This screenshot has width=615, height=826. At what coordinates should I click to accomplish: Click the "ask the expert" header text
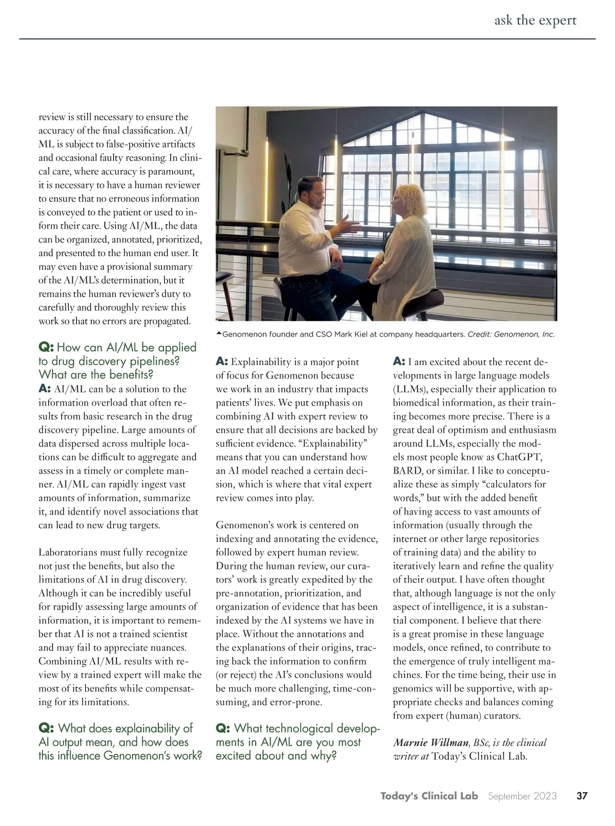[x=535, y=20]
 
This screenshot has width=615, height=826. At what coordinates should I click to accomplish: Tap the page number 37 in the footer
[x=582, y=796]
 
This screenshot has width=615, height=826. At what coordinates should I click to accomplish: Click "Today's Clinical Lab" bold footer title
[x=429, y=796]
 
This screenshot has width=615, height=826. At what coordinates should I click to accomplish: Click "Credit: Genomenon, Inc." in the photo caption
[x=511, y=334]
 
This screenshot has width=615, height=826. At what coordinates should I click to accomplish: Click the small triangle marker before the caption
[x=219, y=334]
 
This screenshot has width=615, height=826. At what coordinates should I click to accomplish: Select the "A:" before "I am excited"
[x=399, y=362]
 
